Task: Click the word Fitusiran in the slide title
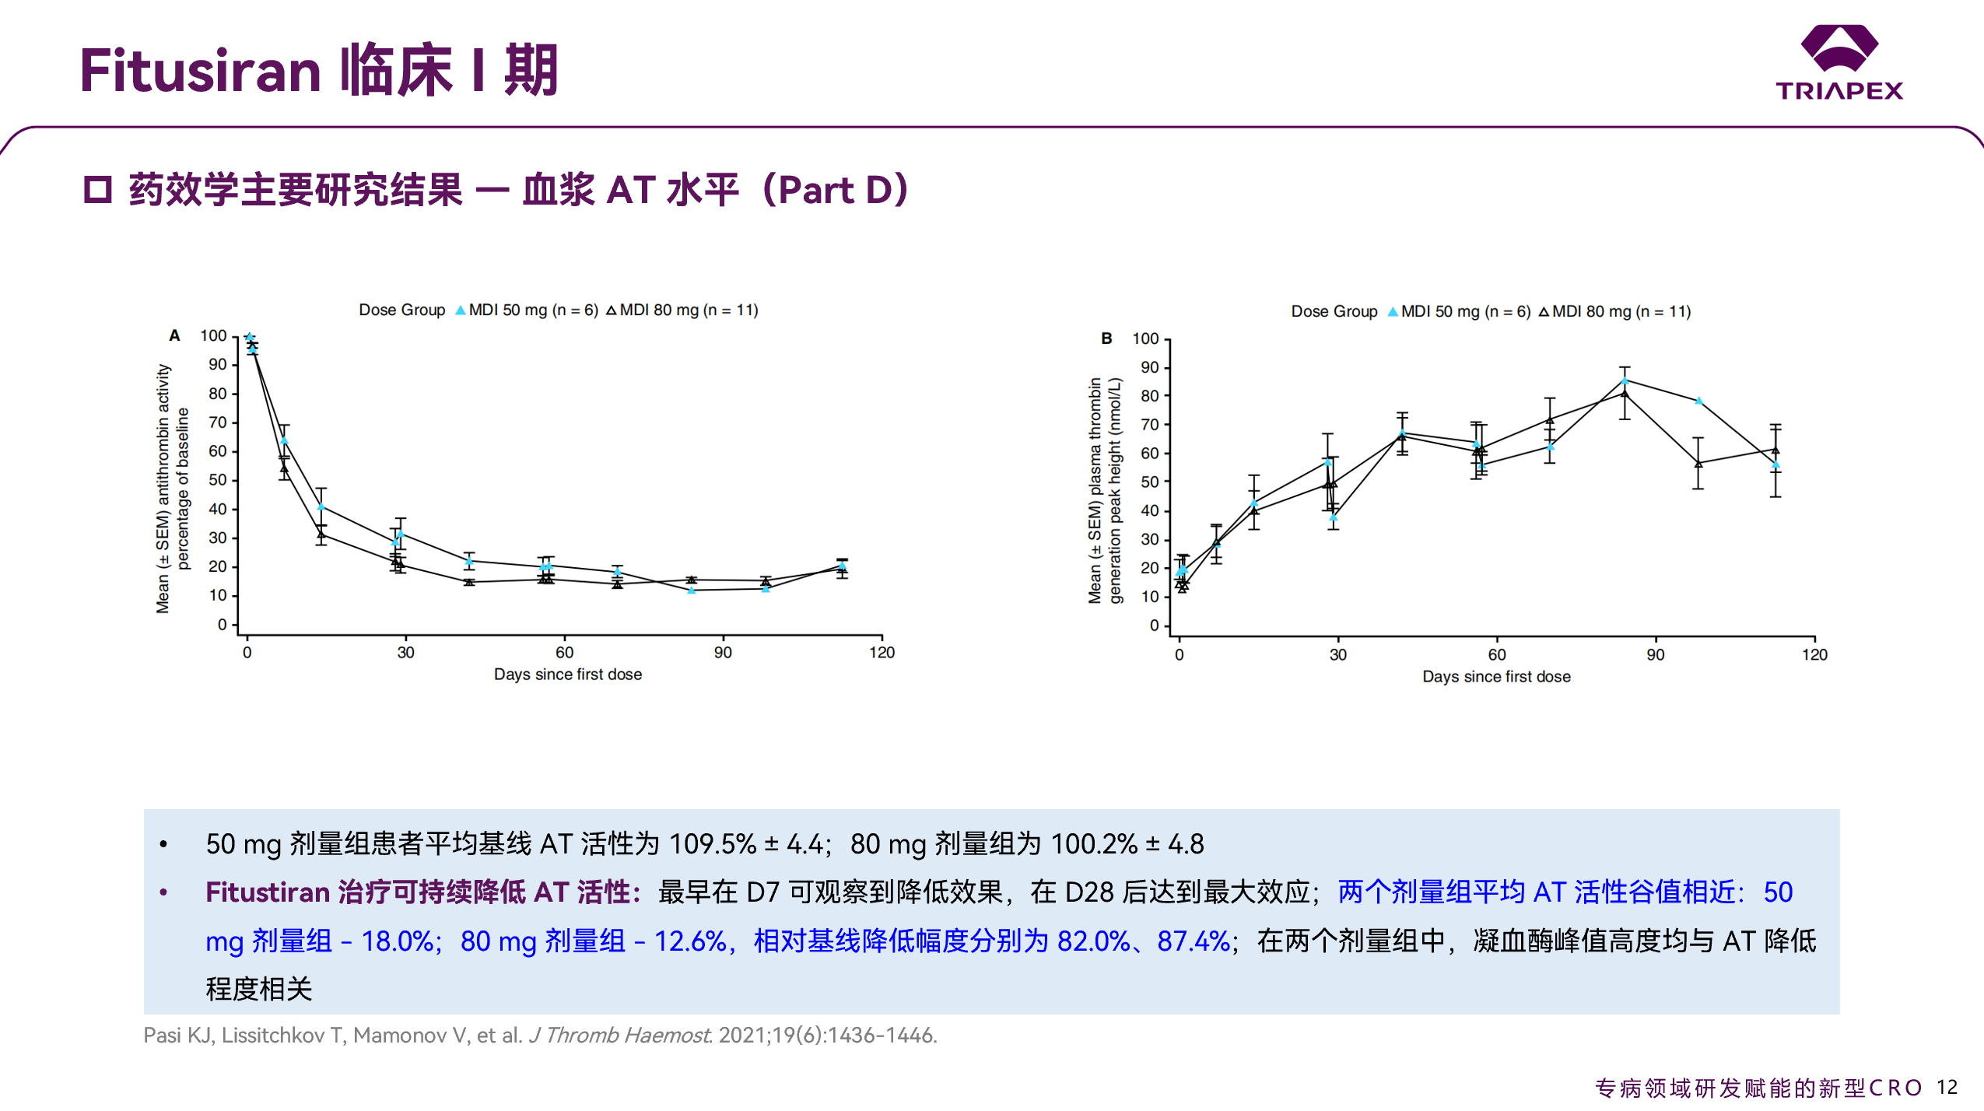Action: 201,71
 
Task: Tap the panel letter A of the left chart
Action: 174,335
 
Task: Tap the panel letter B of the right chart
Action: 1106,338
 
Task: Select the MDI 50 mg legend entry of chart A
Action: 526,310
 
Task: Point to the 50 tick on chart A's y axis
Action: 218,480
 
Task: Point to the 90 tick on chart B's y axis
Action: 1149,367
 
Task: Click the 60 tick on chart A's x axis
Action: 564,652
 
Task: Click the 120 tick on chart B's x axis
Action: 1814,654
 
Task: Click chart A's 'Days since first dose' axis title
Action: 567,675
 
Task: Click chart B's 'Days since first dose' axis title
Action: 1495,677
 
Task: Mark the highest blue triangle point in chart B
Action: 1625,380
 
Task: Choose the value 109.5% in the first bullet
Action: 712,843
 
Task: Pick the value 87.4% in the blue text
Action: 1194,941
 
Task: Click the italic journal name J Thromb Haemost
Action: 619,1035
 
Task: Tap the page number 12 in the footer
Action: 1947,1087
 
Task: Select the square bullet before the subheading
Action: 98,190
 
